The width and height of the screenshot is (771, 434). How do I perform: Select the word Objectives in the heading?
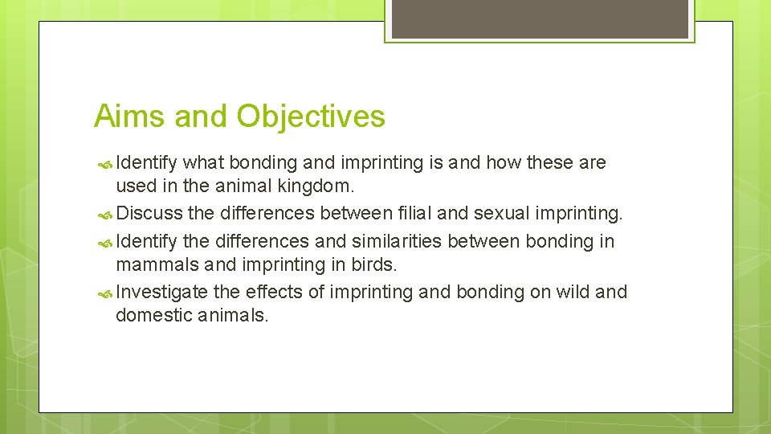coord(311,117)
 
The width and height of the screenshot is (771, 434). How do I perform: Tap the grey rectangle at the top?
coord(540,18)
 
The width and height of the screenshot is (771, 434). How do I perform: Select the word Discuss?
coord(149,214)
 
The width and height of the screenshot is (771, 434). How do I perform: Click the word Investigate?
coord(161,292)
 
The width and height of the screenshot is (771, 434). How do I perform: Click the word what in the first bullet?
coord(204,162)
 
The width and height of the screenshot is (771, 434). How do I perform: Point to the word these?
coord(550,162)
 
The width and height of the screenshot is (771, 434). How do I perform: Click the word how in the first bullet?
coord(504,162)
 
